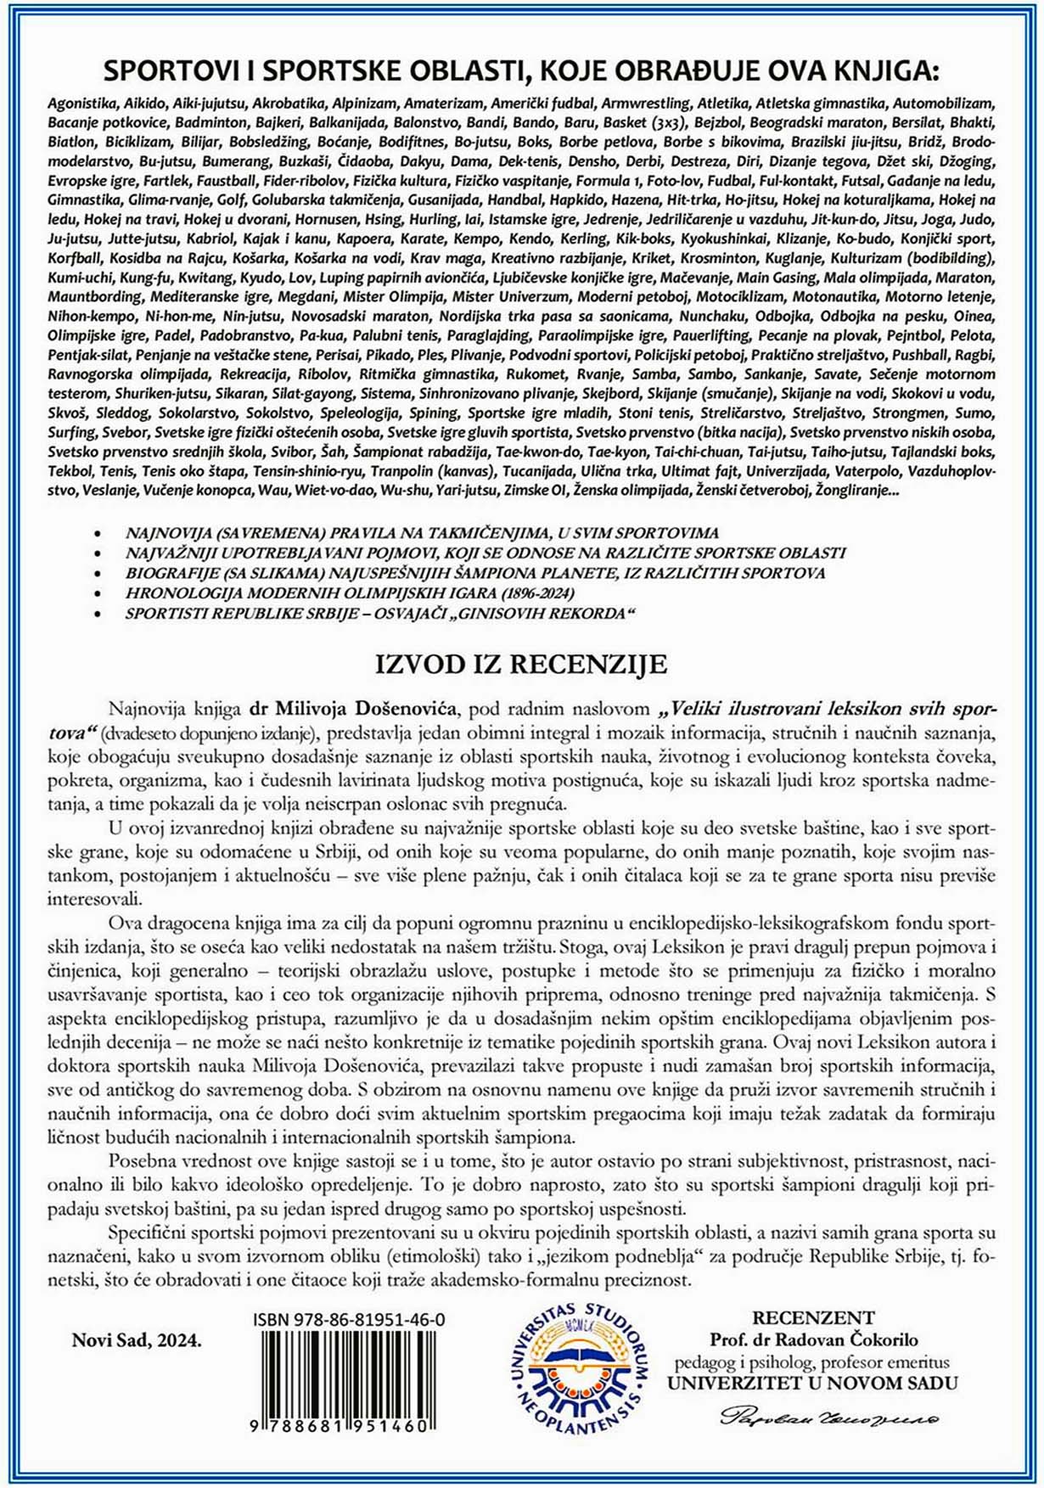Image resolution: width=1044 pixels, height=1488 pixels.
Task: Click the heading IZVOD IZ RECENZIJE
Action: (521, 665)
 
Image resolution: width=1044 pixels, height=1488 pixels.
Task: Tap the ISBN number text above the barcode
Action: (349, 1320)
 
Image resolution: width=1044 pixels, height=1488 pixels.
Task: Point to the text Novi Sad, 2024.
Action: (137, 1340)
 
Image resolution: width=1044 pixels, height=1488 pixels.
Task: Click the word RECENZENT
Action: (813, 1317)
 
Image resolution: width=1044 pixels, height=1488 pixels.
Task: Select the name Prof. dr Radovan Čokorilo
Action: (813, 1339)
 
